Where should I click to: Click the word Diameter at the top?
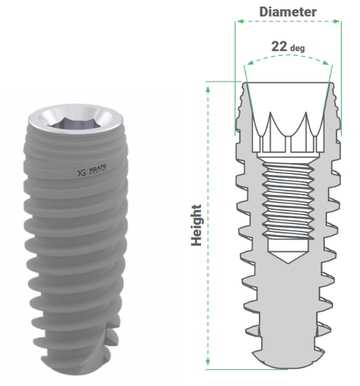[x=287, y=11]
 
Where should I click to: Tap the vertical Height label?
[x=196, y=224]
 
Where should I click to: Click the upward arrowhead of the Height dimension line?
[x=209, y=85]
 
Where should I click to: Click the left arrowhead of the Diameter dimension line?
[x=238, y=22]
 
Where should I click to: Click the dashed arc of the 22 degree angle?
[x=287, y=57]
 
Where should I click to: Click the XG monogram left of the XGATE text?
[x=82, y=174]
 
